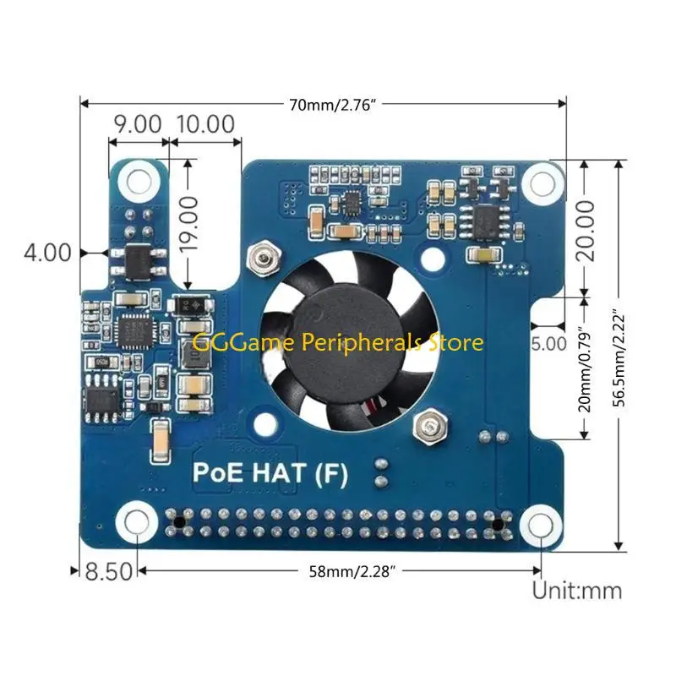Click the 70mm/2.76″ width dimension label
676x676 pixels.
(337, 104)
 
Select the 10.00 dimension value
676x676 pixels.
(204, 123)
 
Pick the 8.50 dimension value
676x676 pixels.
(108, 571)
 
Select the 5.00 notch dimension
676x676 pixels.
(549, 343)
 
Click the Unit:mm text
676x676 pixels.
(576, 589)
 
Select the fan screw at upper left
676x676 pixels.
(263, 254)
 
